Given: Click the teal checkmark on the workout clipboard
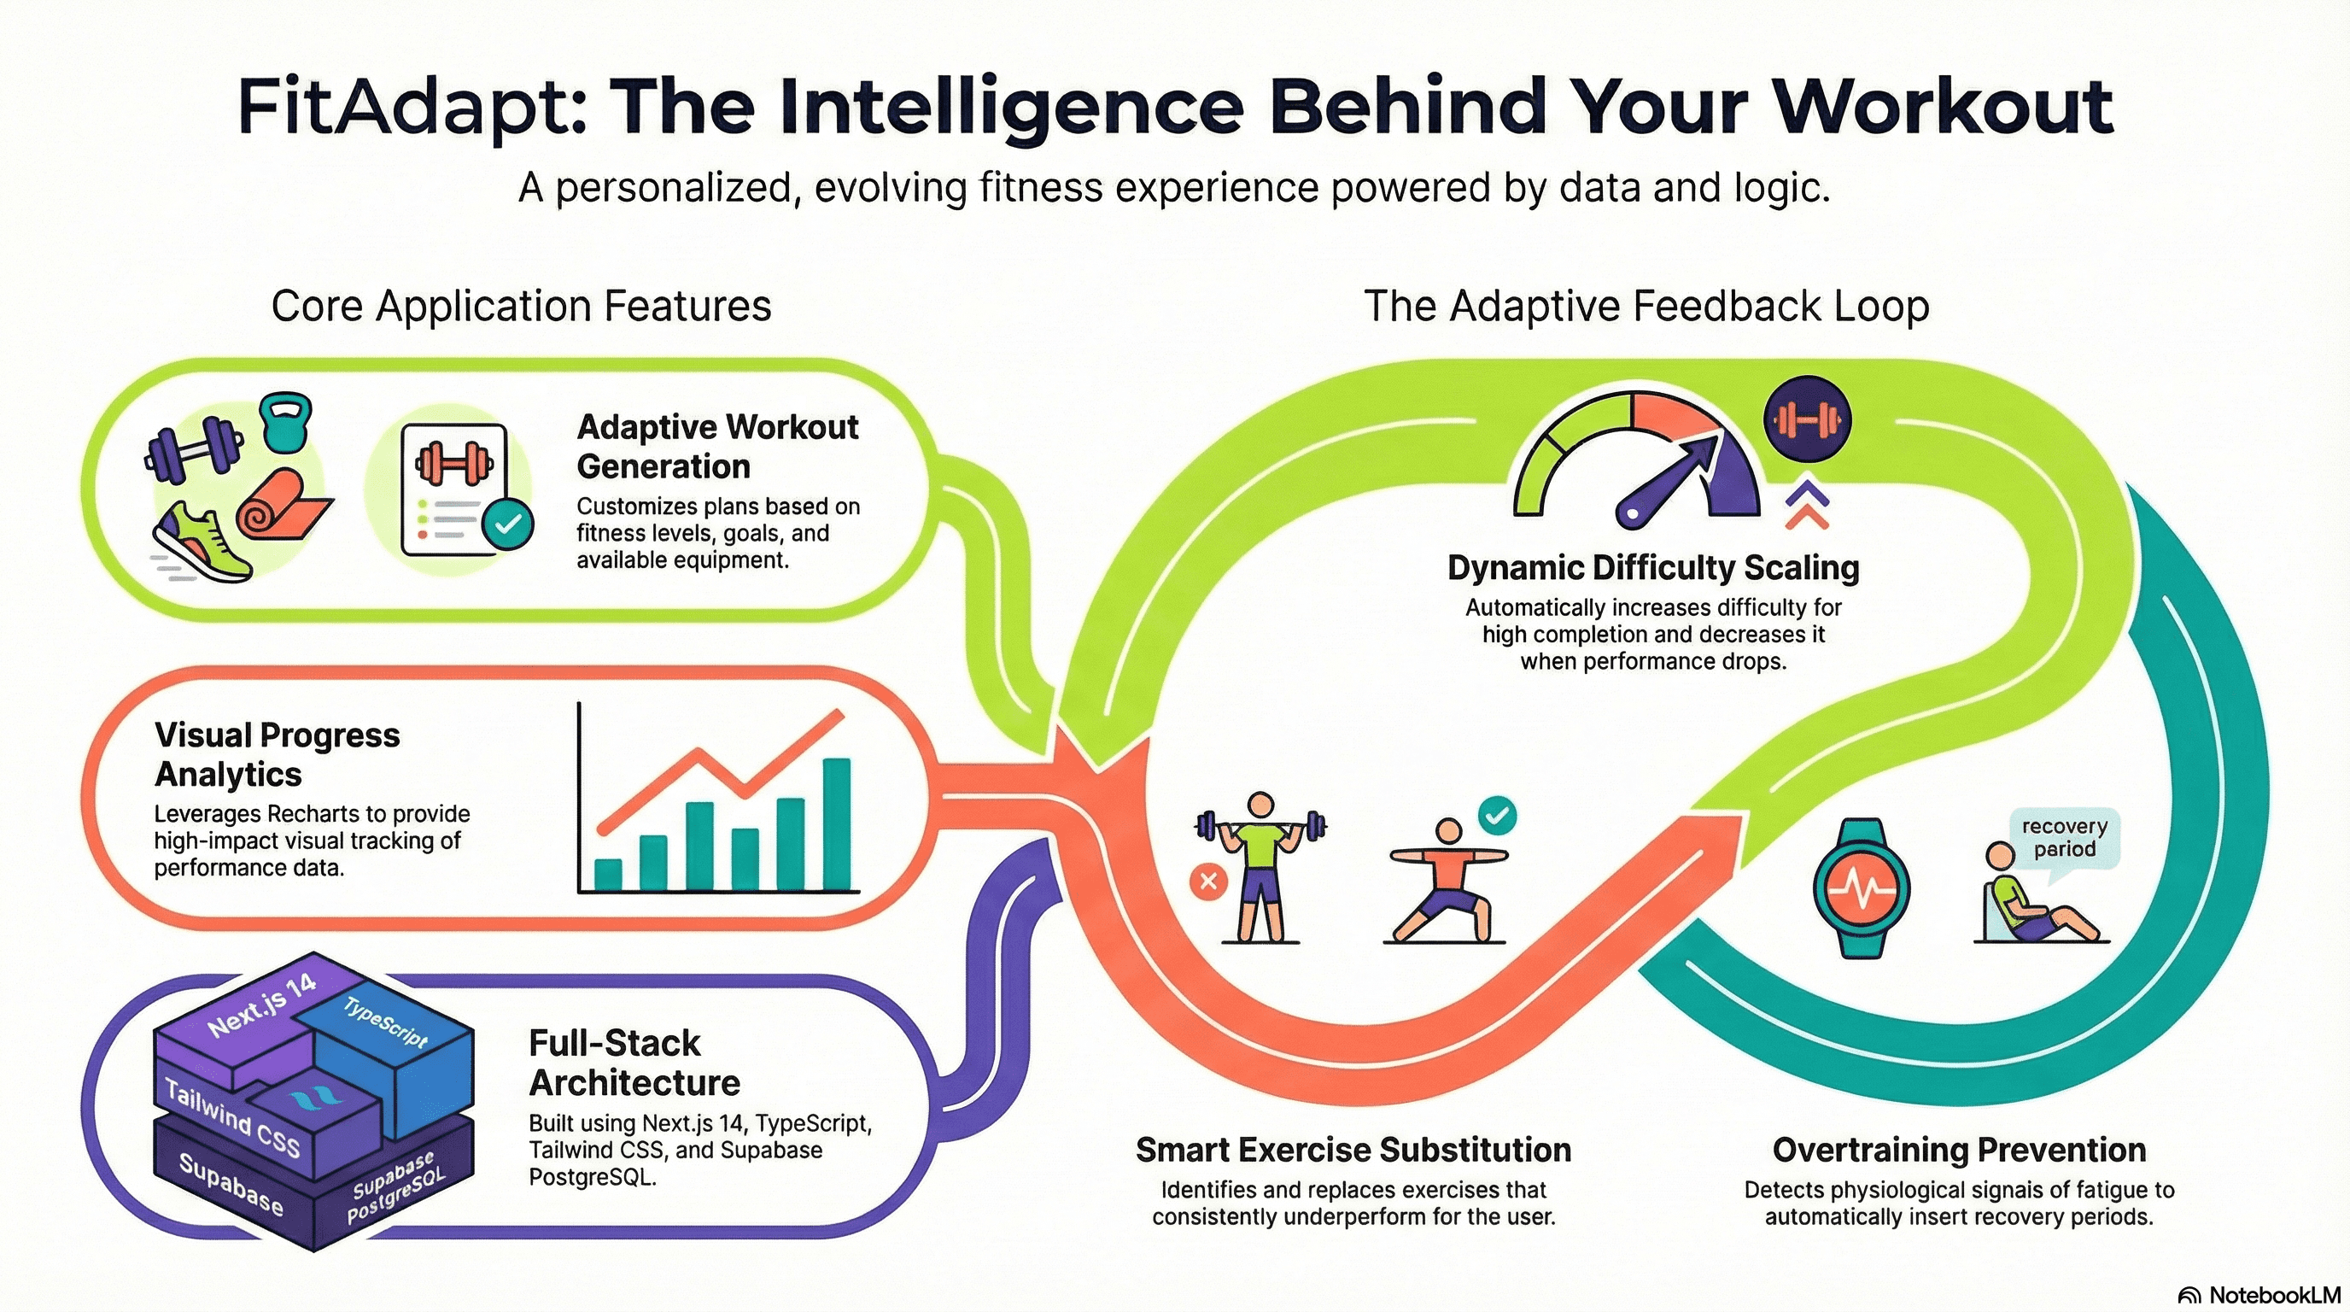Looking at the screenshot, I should point(507,524).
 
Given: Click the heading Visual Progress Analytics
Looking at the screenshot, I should point(278,754).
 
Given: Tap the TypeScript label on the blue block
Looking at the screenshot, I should point(385,1021).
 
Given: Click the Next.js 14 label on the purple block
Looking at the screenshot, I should point(262,1004).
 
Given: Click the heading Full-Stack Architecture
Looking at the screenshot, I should point(634,1063).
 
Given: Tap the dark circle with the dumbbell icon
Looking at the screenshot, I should point(1806,419).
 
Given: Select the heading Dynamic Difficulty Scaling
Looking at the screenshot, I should point(1653,567).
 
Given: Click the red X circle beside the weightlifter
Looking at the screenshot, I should point(1209,882).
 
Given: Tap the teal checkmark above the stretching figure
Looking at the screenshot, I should point(1497,815).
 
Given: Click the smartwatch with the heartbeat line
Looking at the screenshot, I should point(1861,887).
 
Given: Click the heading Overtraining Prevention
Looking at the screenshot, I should point(1959,1150).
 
